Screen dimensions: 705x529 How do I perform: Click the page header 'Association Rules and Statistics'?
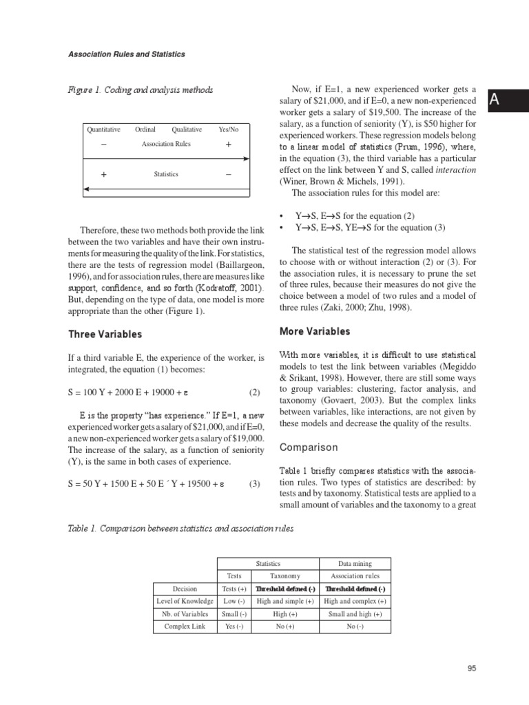(x=126, y=54)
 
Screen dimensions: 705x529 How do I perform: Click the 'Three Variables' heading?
(x=105, y=334)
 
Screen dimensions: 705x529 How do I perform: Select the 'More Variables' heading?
(x=315, y=331)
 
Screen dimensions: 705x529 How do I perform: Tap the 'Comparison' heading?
(x=309, y=448)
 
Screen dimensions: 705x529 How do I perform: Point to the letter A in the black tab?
(x=493, y=101)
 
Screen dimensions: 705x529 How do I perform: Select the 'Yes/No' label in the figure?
(x=229, y=129)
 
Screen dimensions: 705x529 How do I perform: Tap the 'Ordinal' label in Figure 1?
(x=145, y=129)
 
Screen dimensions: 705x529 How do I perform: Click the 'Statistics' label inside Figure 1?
(x=166, y=174)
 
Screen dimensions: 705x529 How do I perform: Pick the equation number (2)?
(x=255, y=392)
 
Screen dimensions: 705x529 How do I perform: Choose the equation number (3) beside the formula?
(x=255, y=483)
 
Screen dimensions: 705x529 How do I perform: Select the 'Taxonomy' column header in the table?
(x=284, y=576)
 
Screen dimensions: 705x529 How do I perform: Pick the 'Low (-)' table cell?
(x=236, y=601)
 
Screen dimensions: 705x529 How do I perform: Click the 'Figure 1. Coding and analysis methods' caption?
(x=140, y=90)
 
